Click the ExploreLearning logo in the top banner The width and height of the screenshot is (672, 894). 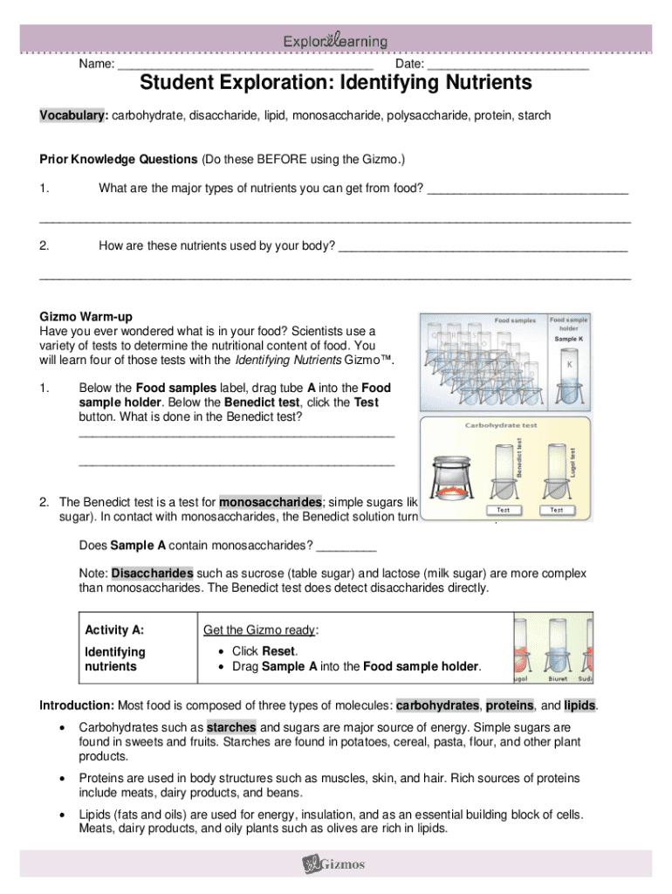[335, 41]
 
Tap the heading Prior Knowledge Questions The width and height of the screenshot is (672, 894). [119, 160]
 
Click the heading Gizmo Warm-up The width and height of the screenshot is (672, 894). [86, 316]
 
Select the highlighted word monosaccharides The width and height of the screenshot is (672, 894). [271, 503]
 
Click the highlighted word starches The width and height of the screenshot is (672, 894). [231, 727]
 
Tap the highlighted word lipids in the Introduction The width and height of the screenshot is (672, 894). [580, 705]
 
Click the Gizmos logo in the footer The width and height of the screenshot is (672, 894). [334, 864]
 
